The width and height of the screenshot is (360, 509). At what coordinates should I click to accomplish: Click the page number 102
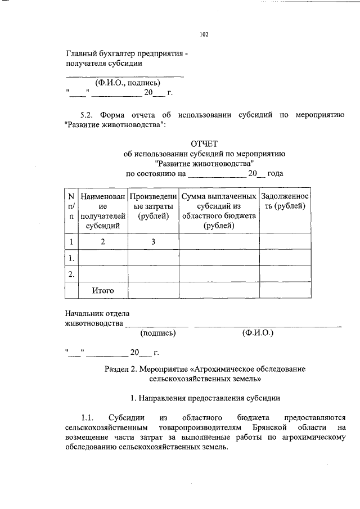click(204, 35)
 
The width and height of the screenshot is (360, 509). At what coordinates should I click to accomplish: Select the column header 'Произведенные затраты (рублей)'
click(153, 211)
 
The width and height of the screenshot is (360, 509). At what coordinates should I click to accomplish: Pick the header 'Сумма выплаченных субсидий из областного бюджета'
click(219, 211)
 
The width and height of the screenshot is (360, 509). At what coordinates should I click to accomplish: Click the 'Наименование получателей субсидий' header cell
click(103, 211)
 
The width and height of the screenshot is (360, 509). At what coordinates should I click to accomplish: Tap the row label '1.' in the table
click(71, 258)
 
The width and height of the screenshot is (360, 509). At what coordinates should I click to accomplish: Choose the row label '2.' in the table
click(71, 274)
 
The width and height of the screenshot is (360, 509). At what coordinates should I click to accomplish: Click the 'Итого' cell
click(103, 290)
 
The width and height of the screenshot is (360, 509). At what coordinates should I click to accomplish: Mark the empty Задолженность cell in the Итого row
click(285, 290)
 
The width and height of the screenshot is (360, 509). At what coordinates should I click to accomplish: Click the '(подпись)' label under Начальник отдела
click(158, 333)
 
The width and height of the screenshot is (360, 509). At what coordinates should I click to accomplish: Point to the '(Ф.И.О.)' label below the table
click(258, 333)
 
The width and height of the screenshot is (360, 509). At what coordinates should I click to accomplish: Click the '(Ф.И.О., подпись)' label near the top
click(123, 82)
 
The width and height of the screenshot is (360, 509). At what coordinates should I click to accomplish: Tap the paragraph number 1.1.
click(87, 417)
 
